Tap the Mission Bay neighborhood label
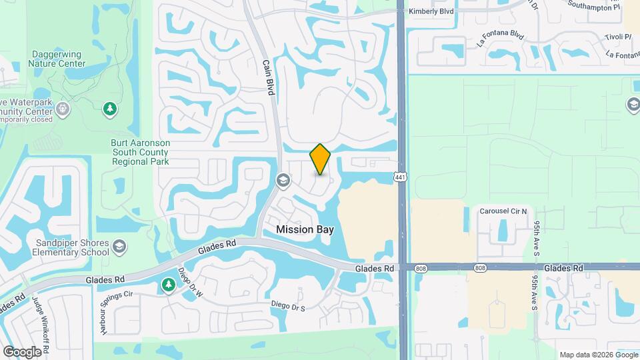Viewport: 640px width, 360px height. tap(305, 229)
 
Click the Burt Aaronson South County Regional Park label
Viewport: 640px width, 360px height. tap(140, 152)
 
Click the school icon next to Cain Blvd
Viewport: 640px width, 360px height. tap(283, 181)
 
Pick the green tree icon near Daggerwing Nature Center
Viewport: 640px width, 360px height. tap(110, 109)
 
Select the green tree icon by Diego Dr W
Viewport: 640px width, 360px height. tap(168, 285)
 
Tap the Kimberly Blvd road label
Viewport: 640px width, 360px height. tap(431, 11)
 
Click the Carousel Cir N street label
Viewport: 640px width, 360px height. tap(503, 211)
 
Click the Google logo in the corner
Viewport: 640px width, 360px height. tap(22, 351)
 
